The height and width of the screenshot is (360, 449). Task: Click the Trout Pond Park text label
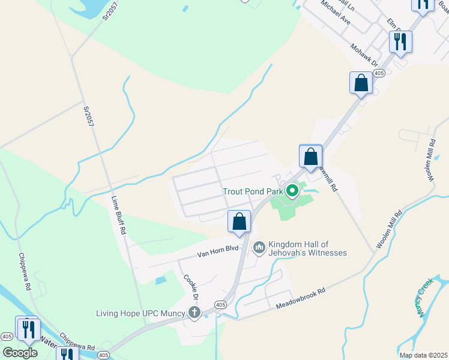pyautogui.click(x=253, y=191)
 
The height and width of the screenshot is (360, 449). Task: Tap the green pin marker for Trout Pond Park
pyautogui.click(x=292, y=191)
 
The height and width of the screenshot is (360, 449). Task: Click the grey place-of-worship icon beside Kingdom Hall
pyautogui.click(x=259, y=247)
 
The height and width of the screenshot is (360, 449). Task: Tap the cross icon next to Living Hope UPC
pyautogui.click(x=194, y=313)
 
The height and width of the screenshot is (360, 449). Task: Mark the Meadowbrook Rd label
pyautogui.click(x=300, y=298)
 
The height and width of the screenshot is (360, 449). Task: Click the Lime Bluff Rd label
pyautogui.click(x=118, y=215)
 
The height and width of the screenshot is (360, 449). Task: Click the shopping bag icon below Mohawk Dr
pyautogui.click(x=361, y=83)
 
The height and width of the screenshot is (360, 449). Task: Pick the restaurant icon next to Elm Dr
pyautogui.click(x=400, y=41)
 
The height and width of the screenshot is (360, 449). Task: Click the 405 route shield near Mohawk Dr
pyautogui.click(x=378, y=73)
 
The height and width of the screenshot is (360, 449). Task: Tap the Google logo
pyautogui.click(x=20, y=353)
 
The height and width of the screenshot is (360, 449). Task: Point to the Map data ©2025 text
pyautogui.click(x=423, y=355)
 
